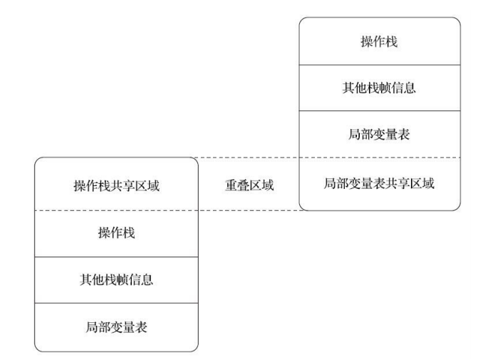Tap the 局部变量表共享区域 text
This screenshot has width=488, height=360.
(379, 184)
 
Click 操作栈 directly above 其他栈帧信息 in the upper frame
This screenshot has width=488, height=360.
(379, 41)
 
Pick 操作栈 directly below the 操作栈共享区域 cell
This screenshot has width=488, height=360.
(116, 232)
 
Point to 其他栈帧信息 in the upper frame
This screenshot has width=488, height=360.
(379, 88)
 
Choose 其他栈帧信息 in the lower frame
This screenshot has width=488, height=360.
(116, 279)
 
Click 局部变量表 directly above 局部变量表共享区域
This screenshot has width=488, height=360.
(379, 135)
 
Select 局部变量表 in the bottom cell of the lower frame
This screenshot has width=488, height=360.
(116, 327)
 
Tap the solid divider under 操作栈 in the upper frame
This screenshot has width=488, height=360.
(379, 64)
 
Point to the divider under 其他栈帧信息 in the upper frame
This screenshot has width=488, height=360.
(379, 111)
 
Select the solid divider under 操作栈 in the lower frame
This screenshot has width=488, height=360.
(116, 257)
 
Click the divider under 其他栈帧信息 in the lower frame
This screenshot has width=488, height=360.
(116, 304)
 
